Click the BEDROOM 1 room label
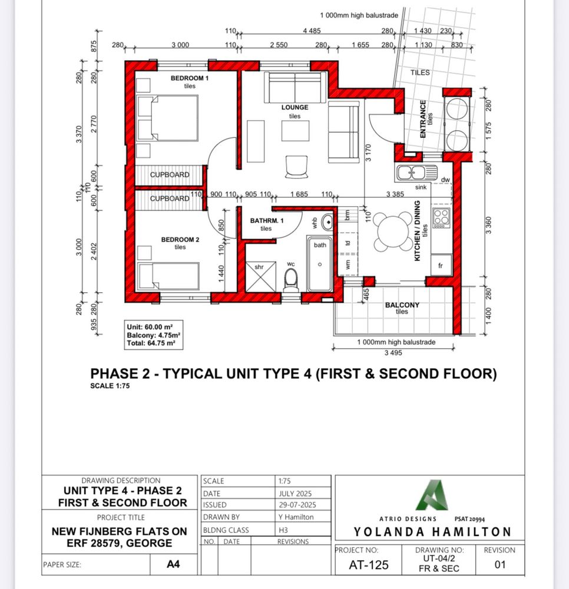pos(189,78)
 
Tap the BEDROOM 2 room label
pos(180,240)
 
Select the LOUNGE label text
pos(295,107)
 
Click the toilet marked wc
pos(291,280)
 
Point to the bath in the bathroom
pos(320,264)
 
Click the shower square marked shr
pos(261,276)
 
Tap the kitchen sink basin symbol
pos(416,173)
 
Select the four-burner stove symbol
pos(441,218)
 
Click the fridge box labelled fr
pos(441,265)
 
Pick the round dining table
pos(393,231)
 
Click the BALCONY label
pos(402,305)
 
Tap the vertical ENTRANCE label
pos(423,119)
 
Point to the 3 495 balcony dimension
pos(393,353)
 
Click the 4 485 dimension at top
pos(312,31)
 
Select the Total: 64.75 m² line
pos(151,343)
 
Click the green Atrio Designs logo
pos(432,495)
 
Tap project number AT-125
pos(369,565)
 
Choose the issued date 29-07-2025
pos(297,505)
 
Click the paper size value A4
pos(173,564)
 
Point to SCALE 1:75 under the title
pos(110,386)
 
